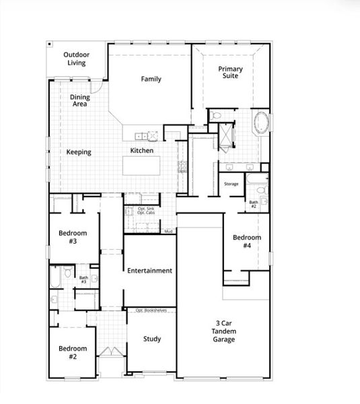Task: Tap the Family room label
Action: (151, 79)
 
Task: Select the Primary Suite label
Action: (230, 72)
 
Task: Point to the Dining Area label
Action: (79, 101)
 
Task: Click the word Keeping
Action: (79, 152)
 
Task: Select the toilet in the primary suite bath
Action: (216, 116)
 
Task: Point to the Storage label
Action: (231, 184)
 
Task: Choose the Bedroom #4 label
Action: (242, 242)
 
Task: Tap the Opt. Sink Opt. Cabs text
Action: (146, 211)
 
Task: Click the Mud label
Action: (168, 231)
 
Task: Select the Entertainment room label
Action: (149, 271)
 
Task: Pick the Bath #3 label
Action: (83, 279)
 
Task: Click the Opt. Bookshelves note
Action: (151, 310)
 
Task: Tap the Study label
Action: (152, 339)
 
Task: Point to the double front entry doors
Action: (108, 351)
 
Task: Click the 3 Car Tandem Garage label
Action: (225, 331)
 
